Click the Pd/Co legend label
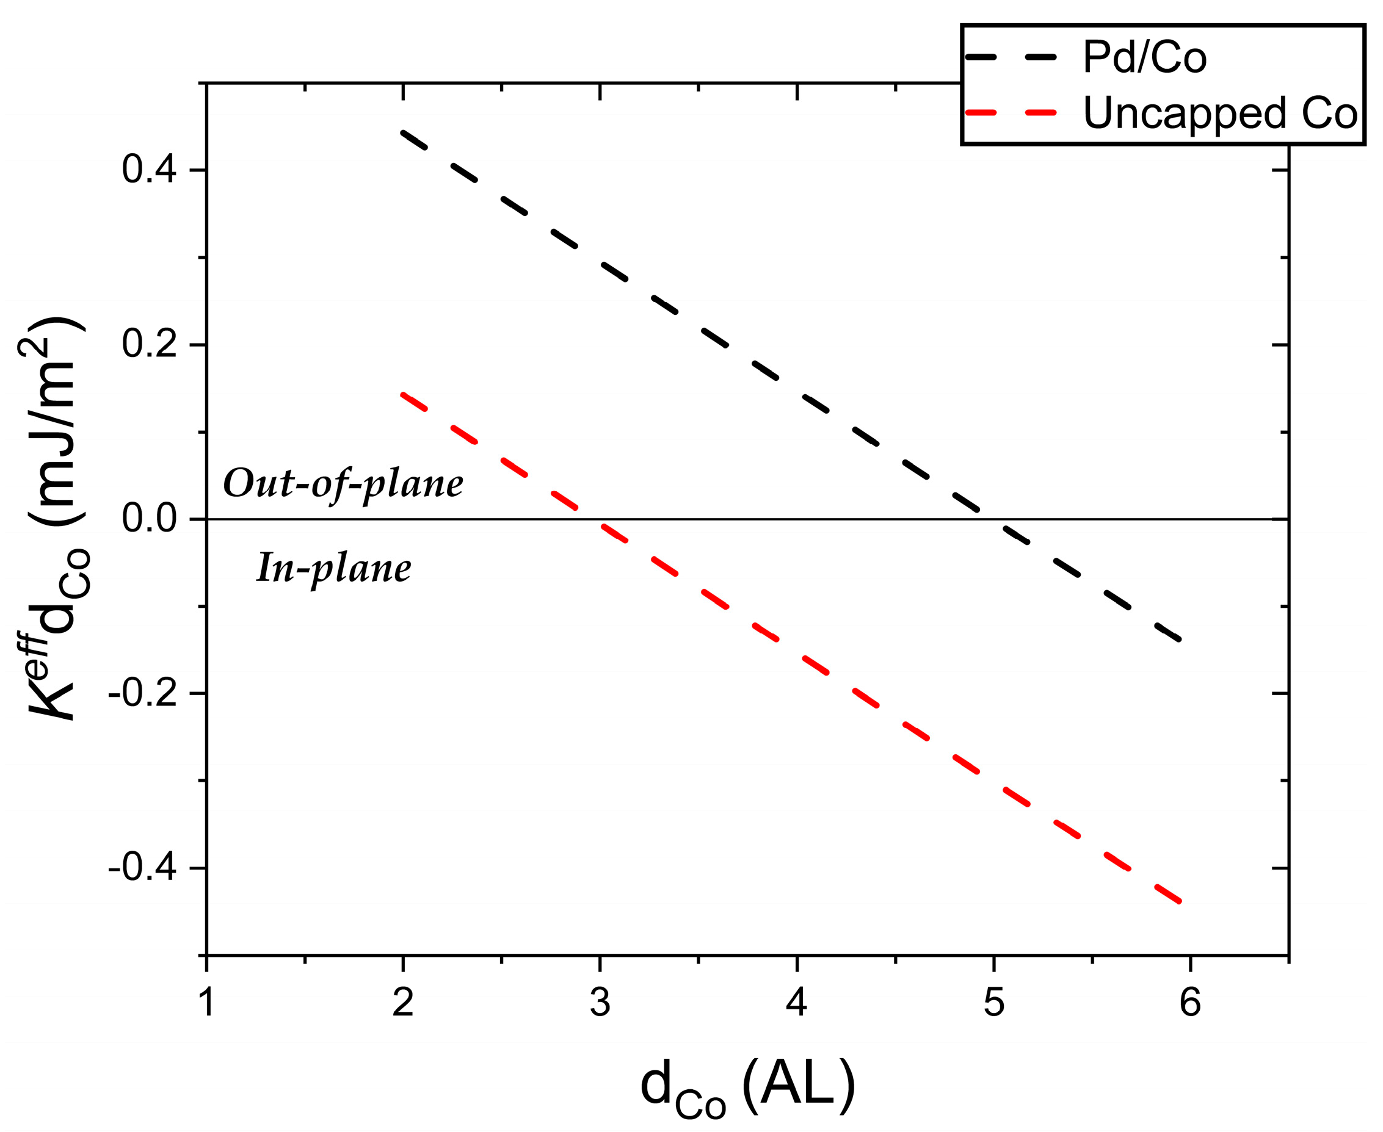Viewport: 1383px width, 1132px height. (1144, 57)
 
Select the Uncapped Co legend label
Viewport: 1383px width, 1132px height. (1220, 114)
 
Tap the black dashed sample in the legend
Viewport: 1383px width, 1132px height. (1011, 57)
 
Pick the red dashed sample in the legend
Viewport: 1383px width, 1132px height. (1011, 113)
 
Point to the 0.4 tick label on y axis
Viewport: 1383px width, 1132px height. (150, 170)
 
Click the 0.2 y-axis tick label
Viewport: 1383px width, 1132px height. (150, 344)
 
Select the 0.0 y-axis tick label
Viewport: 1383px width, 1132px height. (150, 519)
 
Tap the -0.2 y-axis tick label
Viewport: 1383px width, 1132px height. (143, 694)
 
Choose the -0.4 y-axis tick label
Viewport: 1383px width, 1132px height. (143, 868)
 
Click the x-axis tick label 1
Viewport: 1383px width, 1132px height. (207, 1001)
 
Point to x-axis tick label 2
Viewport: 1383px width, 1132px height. (403, 1001)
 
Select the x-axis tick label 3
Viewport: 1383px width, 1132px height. (600, 1001)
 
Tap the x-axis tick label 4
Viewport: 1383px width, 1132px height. (797, 1001)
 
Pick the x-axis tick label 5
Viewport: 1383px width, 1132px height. (993, 1001)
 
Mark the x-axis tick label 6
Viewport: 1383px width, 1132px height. (1190, 1001)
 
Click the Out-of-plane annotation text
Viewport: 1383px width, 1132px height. (343, 485)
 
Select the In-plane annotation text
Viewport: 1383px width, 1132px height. (333, 569)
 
